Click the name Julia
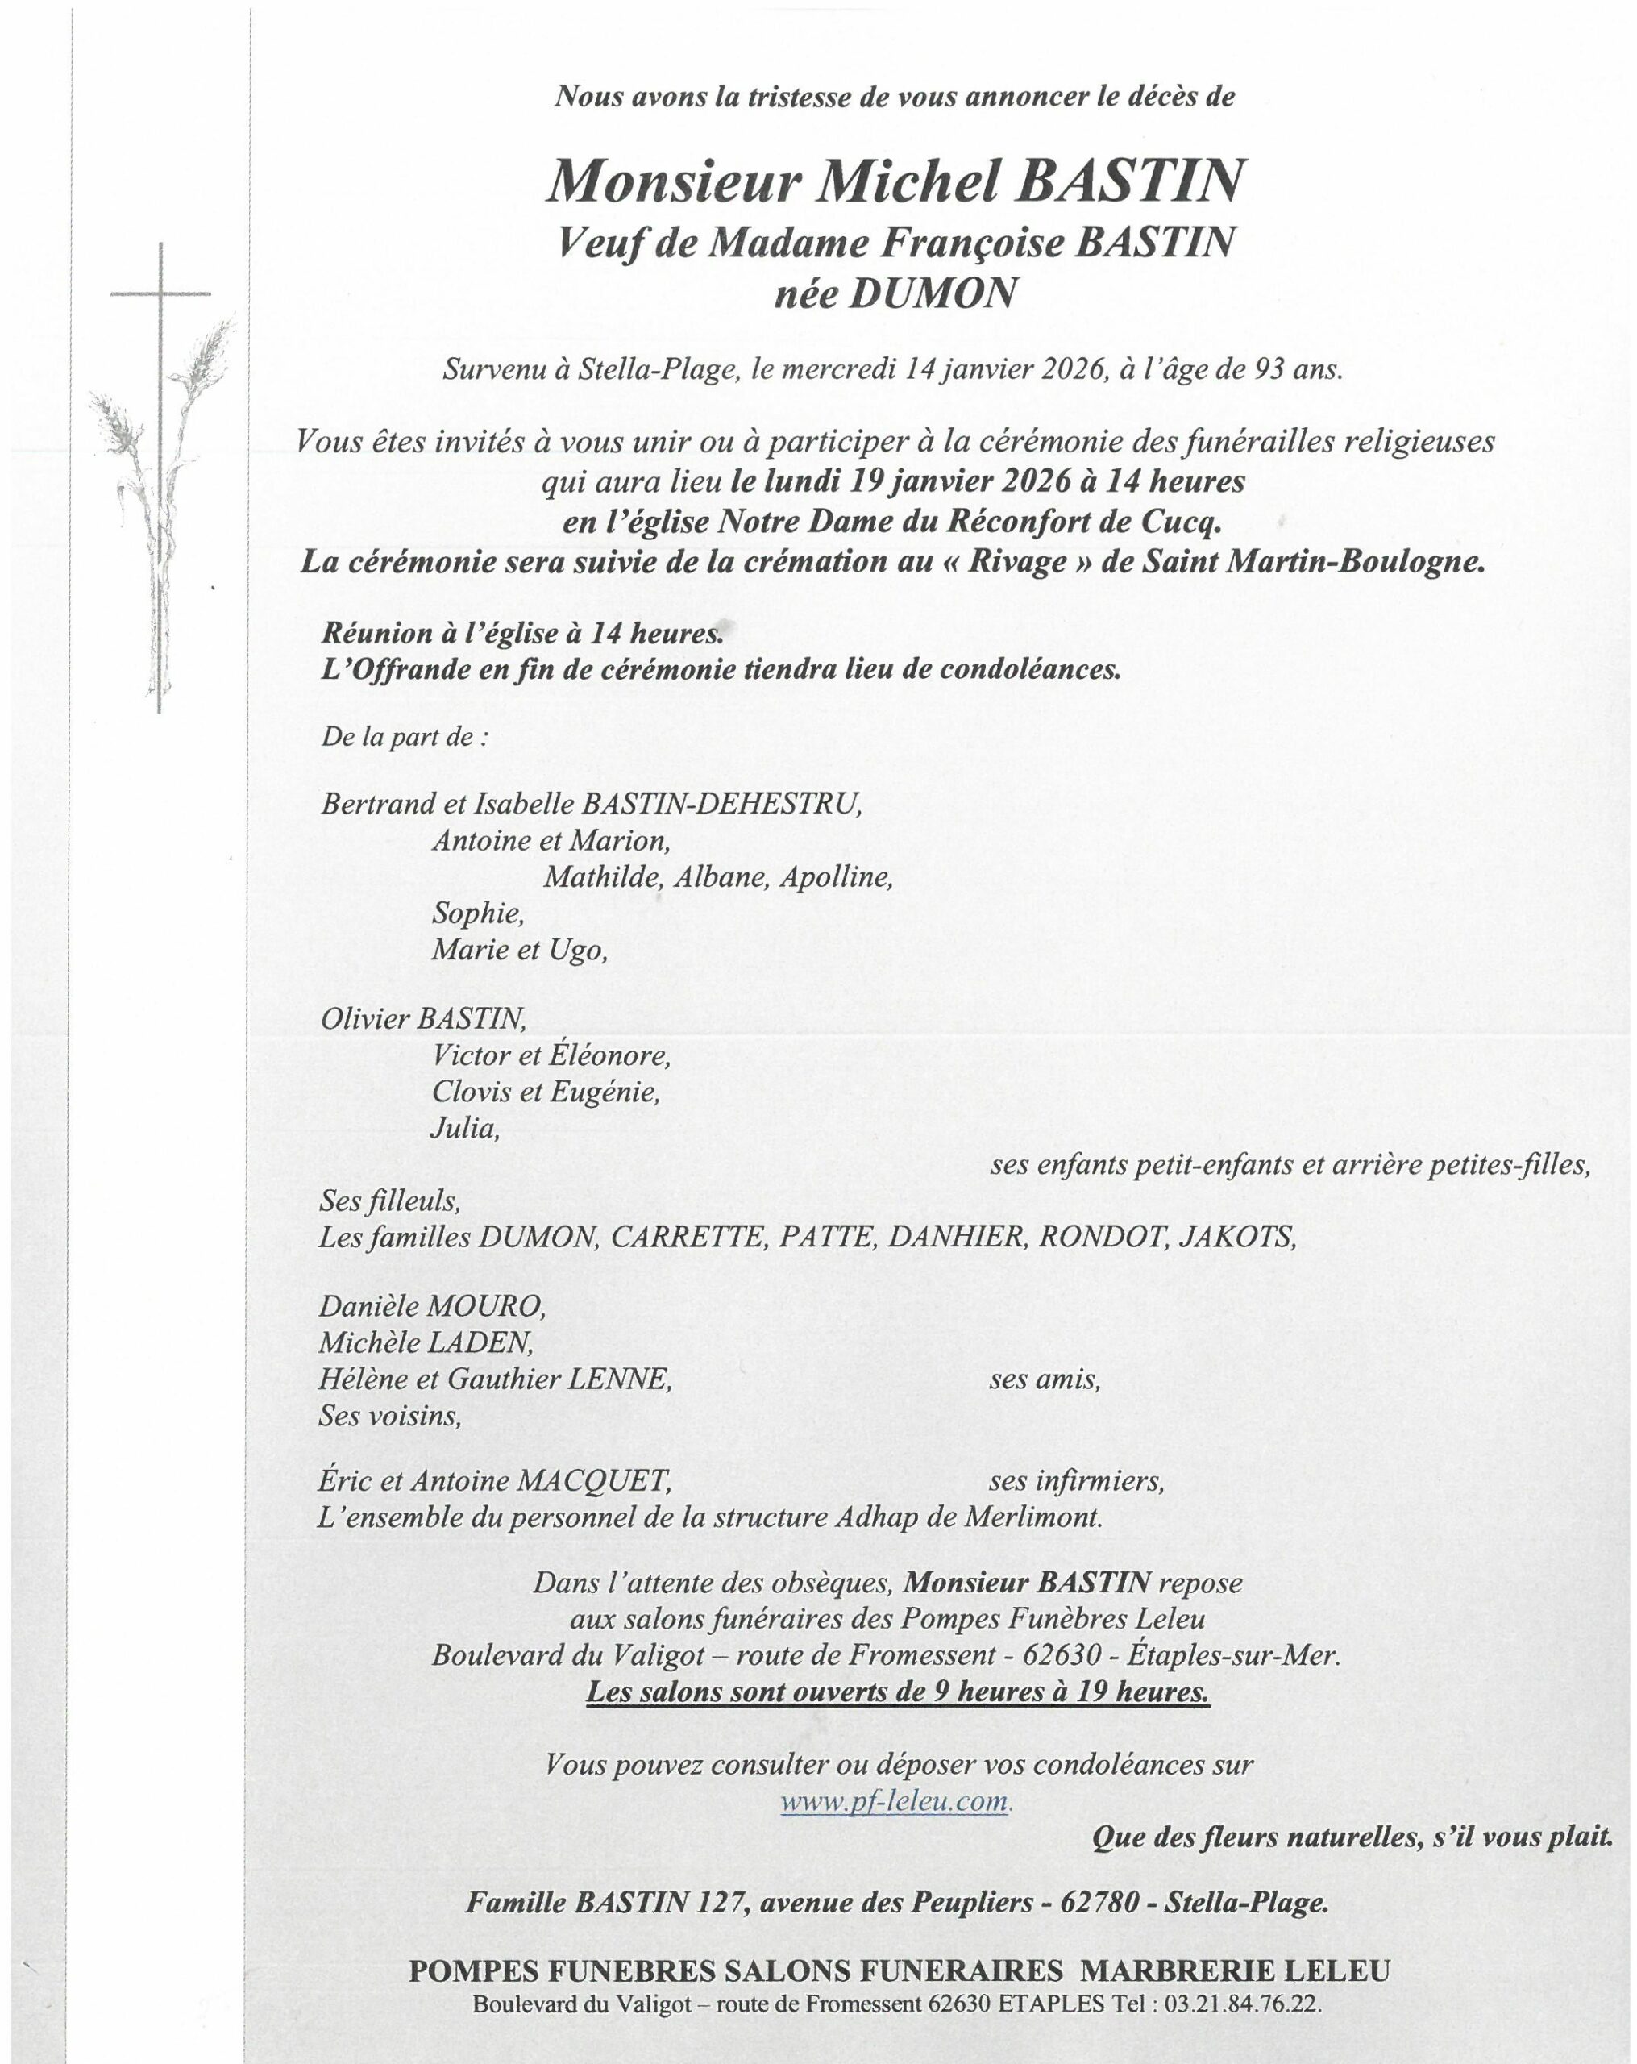coord(465,1128)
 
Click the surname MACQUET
coord(592,1481)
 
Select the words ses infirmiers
coord(1075,1481)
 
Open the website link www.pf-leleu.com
coord(895,1802)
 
